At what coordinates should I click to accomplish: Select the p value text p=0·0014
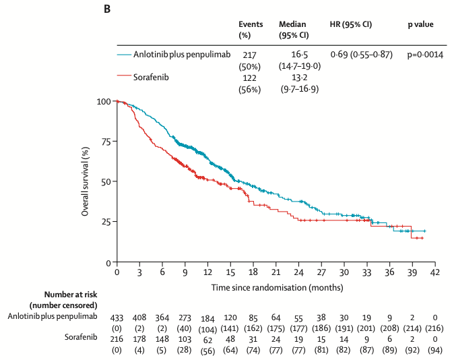(x=424, y=54)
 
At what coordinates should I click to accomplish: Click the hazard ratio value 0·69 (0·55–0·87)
(x=360, y=54)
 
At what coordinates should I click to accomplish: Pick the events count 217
(x=249, y=54)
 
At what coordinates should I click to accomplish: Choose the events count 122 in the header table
(x=249, y=77)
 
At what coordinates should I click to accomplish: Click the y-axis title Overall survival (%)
(x=86, y=182)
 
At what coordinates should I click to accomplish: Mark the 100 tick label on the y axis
(x=104, y=101)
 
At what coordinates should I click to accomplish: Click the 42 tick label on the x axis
(x=435, y=272)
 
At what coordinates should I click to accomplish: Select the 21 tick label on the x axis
(x=276, y=272)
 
